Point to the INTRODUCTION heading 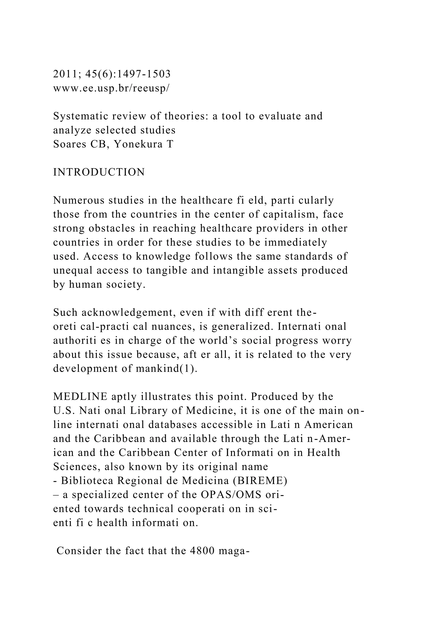click(99, 172)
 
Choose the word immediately click(296, 242)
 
